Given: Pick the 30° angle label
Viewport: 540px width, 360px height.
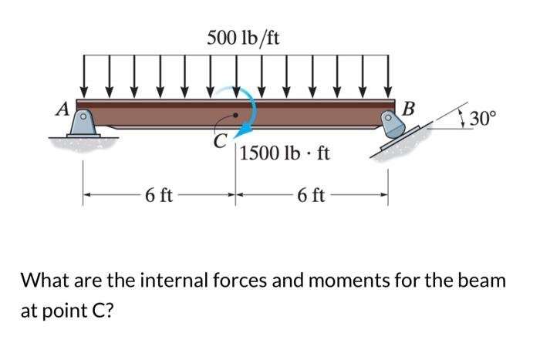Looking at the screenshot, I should point(484,119).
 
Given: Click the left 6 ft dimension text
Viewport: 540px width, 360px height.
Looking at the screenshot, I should point(159,196).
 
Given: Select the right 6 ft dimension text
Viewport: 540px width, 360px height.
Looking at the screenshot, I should point(312,196).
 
